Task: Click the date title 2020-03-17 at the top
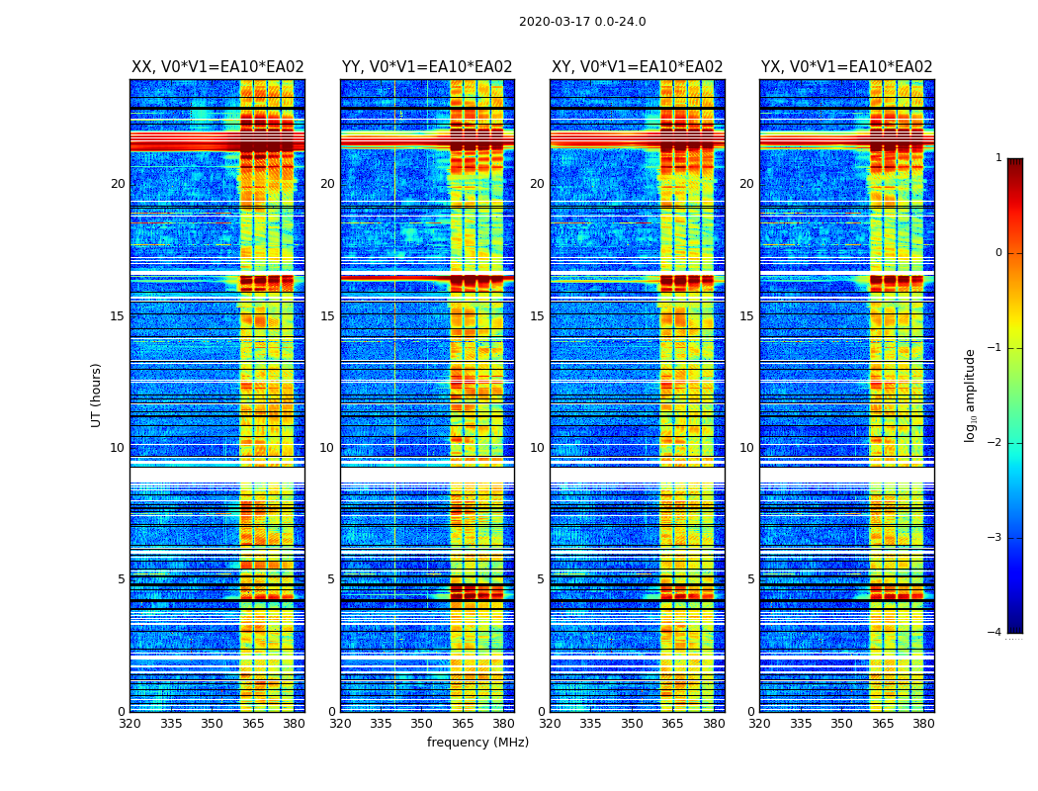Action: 582,22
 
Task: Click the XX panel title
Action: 217,67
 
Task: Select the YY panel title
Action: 427,67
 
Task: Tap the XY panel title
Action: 637,67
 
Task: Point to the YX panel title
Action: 846,67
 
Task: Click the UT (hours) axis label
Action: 97,395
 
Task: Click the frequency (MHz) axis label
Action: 477,743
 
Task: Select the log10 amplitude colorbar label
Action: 971,395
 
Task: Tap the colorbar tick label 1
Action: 998,158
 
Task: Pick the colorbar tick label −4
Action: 996,633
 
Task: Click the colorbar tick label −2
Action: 996,443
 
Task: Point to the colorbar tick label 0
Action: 998,253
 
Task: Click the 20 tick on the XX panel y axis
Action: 118,184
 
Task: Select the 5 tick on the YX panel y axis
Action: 750,579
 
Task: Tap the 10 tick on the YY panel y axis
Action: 326,448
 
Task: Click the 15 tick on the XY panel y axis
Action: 536,316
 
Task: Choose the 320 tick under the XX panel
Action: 130,724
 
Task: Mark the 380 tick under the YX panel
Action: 923,724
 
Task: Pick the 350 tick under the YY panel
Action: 422,724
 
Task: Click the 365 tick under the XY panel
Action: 672,724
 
